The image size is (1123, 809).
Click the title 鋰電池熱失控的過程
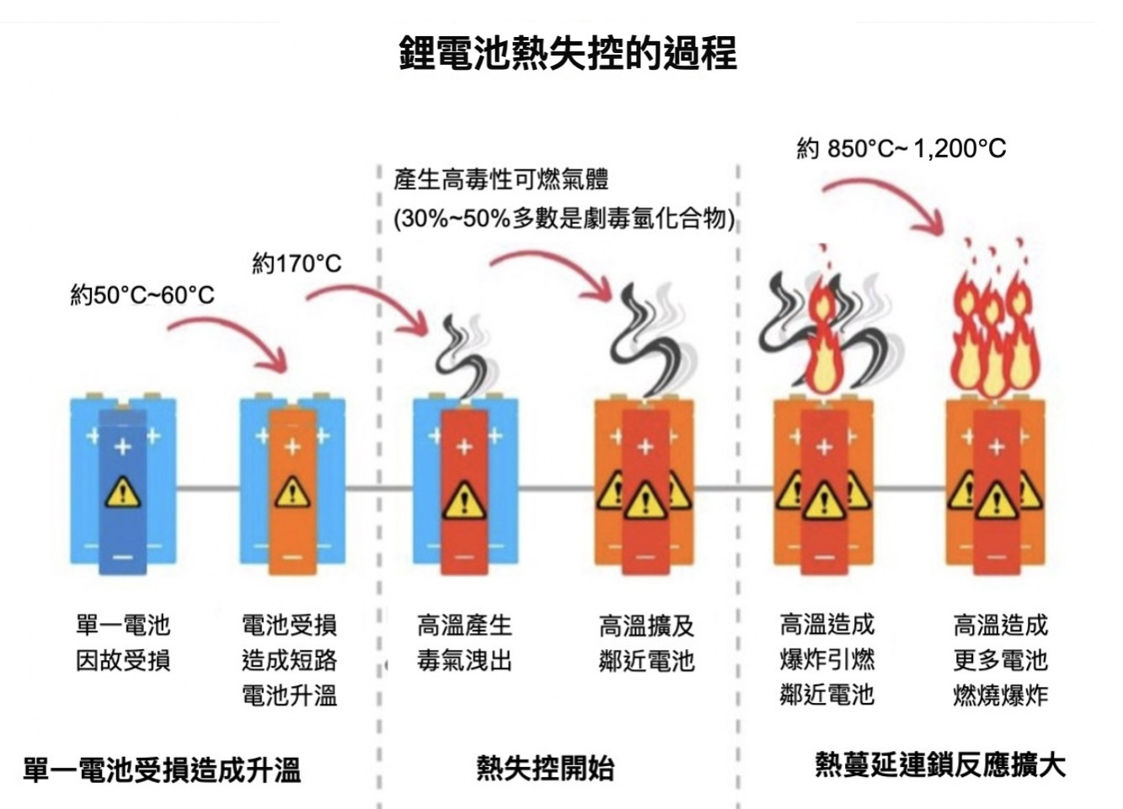click(567, 52)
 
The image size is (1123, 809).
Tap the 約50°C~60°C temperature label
click(142, 295)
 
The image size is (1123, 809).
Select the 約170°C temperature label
click(297, 263)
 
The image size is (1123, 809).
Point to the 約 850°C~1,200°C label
click(901, 149)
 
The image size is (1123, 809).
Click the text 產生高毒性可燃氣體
click(500, 179)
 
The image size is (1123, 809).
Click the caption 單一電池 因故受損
click(123, 642)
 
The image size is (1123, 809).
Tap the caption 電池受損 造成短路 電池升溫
click(289, 660)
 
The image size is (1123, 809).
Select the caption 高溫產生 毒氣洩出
click(464, 642)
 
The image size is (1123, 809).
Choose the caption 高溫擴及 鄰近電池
click(646, 643)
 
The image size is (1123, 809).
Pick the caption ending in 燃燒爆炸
click(1000, 660)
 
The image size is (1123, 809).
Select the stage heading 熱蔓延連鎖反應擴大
click(939, 764)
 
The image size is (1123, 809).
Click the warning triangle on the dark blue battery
click(123, 492)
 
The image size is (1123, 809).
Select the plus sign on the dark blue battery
click(123, 447)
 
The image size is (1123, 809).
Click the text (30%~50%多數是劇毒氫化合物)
click(564, 219)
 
